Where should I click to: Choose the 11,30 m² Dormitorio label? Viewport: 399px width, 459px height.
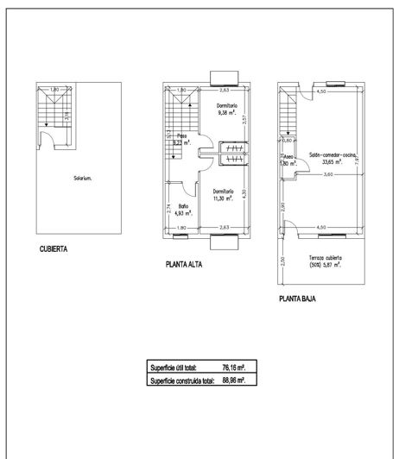coord(222,195)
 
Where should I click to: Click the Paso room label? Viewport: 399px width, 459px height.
coord(182,139)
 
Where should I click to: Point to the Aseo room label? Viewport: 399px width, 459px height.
coord(288,160)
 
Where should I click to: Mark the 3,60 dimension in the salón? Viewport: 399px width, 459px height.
coord(328,175)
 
